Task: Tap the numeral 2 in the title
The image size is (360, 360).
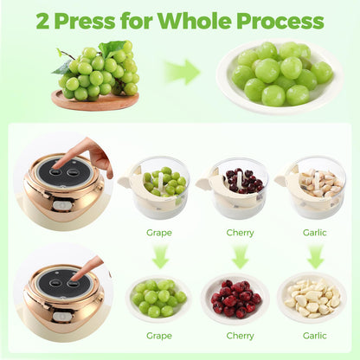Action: tap(42, 21)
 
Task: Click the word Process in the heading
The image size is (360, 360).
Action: tap(280, 21)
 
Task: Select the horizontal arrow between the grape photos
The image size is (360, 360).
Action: tap(183, 72)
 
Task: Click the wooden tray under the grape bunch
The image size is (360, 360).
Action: tap(95, 100)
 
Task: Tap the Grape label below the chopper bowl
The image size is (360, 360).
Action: tap(159, 233)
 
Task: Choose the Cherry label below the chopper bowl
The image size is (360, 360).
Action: tap(240, 233)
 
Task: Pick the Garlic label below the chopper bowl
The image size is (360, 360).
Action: tap(315, 233)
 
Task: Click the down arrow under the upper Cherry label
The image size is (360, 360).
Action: tap(240, 256)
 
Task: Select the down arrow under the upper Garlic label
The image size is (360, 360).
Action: tap(316, 256)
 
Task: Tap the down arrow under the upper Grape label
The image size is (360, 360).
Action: tap(160, 256)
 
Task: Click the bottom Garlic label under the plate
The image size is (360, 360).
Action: tap(315, 336)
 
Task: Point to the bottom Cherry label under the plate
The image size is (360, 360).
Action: tap(240, 336)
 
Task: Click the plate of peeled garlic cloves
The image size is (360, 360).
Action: tap(312, 298)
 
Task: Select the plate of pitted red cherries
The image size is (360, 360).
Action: tap(235, 299)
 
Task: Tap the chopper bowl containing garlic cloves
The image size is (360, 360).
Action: tap(313, 188)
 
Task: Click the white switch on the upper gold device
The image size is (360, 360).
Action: tap(60, 206)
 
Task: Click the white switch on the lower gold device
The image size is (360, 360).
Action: tap(60, 317)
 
